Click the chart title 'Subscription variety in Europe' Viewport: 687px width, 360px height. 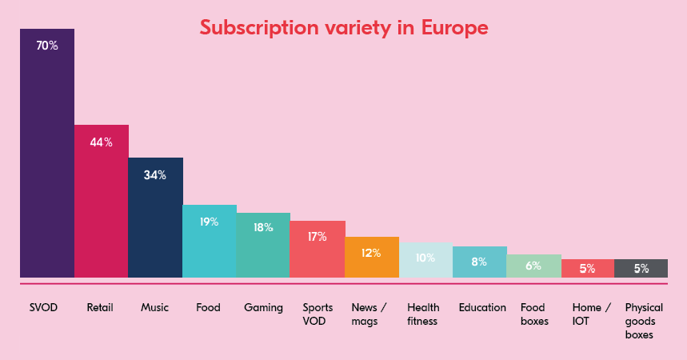click(x=343, y=28)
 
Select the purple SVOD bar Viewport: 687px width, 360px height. click(x=47, y=160)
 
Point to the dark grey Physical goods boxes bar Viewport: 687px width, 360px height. click(x=641, y=269)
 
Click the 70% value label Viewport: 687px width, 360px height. click(x=47, y=46)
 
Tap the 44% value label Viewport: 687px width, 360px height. click(x=101, y=142)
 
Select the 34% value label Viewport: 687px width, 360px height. click(x=155, y=175)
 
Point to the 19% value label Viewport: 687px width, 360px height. click(x=210, y=222)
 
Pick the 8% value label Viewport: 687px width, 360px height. click(x=479, y=262)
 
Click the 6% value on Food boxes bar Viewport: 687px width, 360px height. click(x=533, y=266)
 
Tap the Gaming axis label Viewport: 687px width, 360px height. click(x=263, y=307)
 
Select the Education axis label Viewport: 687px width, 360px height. click(x=482, y=307)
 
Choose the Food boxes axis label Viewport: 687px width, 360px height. click(x=533, y=314)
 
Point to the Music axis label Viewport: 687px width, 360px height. click(x=154, y=307)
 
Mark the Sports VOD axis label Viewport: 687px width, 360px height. click(x=318, y=314)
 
